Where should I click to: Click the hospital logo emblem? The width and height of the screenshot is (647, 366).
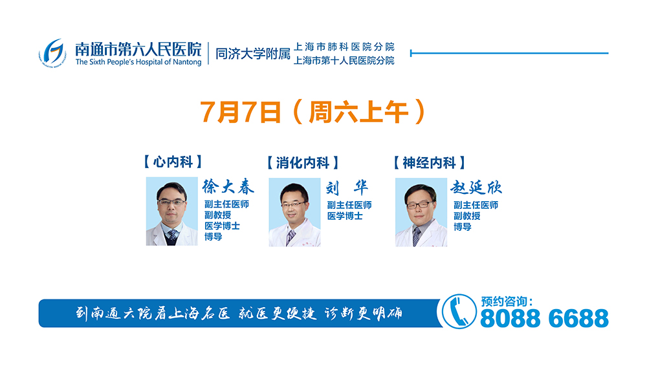52,53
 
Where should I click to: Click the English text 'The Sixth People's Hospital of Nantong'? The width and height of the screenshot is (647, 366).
138,62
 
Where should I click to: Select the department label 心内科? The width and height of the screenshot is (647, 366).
173,161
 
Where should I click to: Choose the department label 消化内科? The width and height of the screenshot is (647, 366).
303,162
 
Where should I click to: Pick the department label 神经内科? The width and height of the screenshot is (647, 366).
429,162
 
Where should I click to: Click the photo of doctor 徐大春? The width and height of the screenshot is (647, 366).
171,211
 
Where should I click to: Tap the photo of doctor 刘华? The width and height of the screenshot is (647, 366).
294,212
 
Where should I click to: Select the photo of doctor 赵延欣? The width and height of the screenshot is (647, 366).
421,212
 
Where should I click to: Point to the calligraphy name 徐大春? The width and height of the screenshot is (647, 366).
228,187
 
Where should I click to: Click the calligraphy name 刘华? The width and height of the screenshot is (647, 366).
347,188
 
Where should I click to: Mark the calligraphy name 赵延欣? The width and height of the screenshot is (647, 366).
476,188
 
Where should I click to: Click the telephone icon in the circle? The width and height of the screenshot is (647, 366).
459,312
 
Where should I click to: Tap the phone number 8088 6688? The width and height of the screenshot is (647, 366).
544,319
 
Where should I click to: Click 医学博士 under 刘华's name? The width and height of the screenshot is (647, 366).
345,216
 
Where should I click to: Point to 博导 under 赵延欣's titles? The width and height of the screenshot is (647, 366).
463,226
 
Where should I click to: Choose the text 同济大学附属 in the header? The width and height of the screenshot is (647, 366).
253,54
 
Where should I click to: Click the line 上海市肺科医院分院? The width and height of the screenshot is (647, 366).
344,47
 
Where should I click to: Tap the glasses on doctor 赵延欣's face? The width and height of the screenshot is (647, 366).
419,204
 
